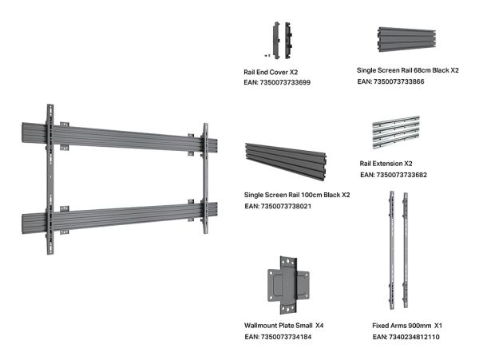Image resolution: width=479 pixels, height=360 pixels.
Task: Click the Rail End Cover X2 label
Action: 271,73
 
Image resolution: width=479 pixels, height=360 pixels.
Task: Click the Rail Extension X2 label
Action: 386,164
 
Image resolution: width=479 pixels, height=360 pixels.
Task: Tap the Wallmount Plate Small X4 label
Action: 283,326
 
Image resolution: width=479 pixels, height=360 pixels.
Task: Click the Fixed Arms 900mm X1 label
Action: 407,326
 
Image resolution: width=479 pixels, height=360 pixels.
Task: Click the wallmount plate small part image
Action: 289,285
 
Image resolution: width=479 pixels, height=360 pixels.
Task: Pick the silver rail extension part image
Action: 396,132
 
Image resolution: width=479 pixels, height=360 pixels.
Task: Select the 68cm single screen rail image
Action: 407,39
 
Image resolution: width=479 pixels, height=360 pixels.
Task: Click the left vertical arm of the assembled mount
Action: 50,180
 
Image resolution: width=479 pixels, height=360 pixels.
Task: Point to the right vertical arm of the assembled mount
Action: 206,179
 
